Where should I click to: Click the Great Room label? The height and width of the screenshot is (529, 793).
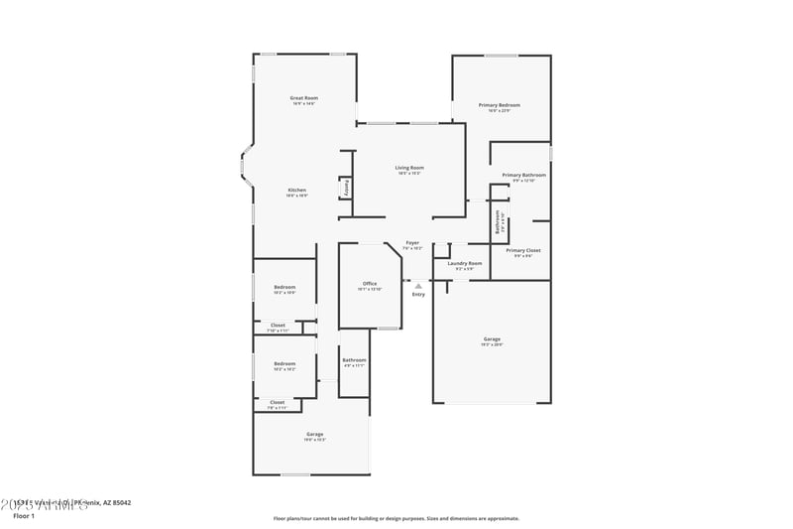click(303, 98)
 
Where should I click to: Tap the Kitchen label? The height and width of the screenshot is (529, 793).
click(296, 190)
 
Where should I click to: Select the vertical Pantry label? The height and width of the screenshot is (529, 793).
click(346, 187)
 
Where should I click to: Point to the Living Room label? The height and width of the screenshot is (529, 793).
click(409, 168)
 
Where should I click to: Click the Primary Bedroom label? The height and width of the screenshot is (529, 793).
click(499, 105)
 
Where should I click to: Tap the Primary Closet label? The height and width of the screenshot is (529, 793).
click(523, 250)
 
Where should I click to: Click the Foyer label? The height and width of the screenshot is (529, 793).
click(412, 243)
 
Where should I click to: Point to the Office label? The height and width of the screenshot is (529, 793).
click(370, 284)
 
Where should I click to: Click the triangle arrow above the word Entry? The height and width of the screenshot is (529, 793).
click(418, 286)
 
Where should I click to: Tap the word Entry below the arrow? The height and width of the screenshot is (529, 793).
click(418, 294)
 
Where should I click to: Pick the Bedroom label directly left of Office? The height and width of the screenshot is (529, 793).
click(284, 288)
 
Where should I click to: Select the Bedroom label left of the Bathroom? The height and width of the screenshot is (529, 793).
click(284, 363)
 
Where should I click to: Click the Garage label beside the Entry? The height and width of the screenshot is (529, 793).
click(492, 339)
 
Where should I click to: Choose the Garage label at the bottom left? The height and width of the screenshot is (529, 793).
click(314, 435)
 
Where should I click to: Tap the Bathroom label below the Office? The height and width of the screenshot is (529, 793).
click(354, 360)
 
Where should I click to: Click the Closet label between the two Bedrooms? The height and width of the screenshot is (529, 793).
click(278, 325)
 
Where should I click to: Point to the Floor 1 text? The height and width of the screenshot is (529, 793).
click(24, 516)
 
